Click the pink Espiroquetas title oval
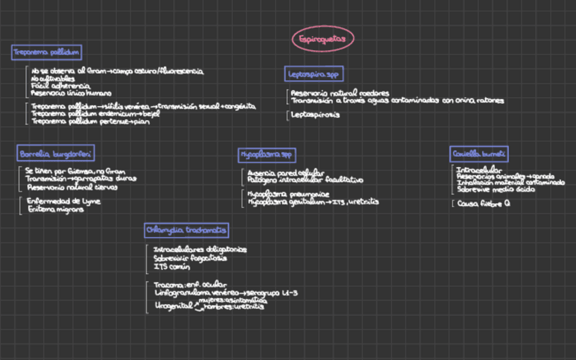tap(323, 39)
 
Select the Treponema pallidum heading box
tap(46, 52)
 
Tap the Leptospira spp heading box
tap(313, 73)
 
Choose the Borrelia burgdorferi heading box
tap(56, 154)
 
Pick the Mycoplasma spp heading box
tap(267, 156)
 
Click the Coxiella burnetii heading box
tap(480, 154)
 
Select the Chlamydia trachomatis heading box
tap(186, 230)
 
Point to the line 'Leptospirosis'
tap(315, 115)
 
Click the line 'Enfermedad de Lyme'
tap(63, 201)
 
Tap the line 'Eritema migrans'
tap(56, 209)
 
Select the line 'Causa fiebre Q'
tap(484, 203)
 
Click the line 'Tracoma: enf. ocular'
tap(191, 285)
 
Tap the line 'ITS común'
tap(170, 266)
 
